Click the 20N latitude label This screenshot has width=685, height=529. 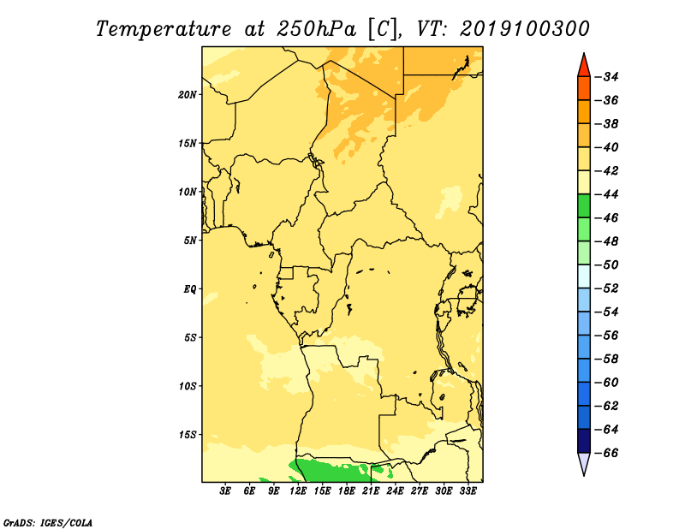click(187, 95)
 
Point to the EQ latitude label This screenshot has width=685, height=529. click(189, 289)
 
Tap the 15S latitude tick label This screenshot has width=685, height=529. click(188, 435)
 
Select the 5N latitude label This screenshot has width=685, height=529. click(190, 241)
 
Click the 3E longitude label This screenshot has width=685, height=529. click(225, 491)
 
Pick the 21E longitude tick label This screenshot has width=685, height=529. click(371, 491)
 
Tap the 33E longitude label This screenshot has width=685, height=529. click(468, 491)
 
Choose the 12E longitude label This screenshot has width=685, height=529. click(298, 491)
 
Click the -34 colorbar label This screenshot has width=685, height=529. click(607, 77)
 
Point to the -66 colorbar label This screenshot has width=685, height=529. click(607, 453)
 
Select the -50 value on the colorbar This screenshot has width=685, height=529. click(607, 264)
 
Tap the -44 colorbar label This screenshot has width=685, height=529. click(607, 194)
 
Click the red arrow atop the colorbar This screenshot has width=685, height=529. click(584, 67)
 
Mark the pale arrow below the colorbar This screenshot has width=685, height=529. click(584, 462)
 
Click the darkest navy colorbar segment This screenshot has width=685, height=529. click(584, 441)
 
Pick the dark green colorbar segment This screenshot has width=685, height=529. click(584, 206)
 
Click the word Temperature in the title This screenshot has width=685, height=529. click(164, 29)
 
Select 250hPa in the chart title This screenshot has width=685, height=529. click(316, 29)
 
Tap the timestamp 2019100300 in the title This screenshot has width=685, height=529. click(524, 29)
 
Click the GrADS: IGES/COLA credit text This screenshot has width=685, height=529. click(48, 522)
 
